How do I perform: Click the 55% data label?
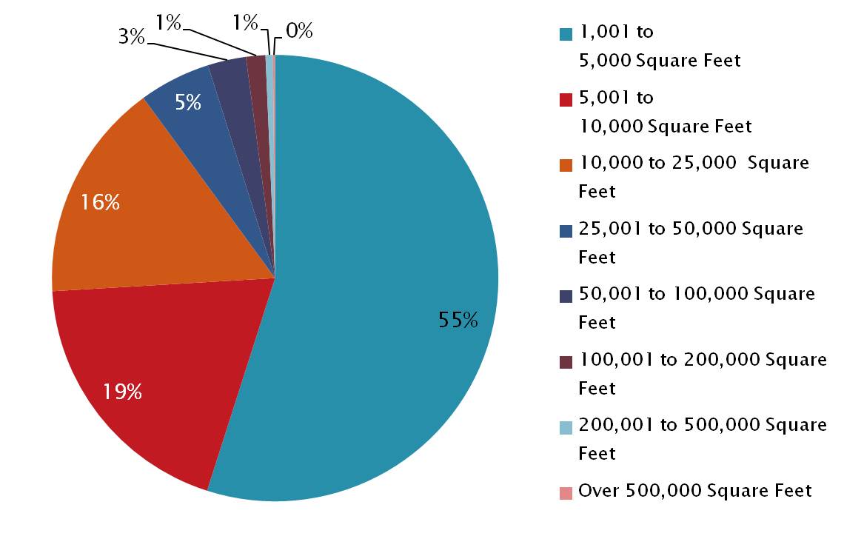tap(458, 320)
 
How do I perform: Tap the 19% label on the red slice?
tap(122, 392)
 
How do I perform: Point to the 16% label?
tap(100, 201)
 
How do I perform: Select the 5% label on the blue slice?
tap(188, 102)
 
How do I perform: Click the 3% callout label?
tap(131, 36)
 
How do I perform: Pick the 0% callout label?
tap(299, 31)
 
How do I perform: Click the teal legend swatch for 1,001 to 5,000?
tap(566, 33)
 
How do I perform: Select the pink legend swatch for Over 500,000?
tap(566, 492)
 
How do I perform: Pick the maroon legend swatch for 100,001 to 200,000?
tap(566, 361)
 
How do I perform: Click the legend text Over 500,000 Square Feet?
tap(694, 491)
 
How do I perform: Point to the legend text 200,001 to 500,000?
tap(702, 425)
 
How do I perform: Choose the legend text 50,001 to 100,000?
tap(696, 294)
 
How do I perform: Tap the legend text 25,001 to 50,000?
tap(690, 229)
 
